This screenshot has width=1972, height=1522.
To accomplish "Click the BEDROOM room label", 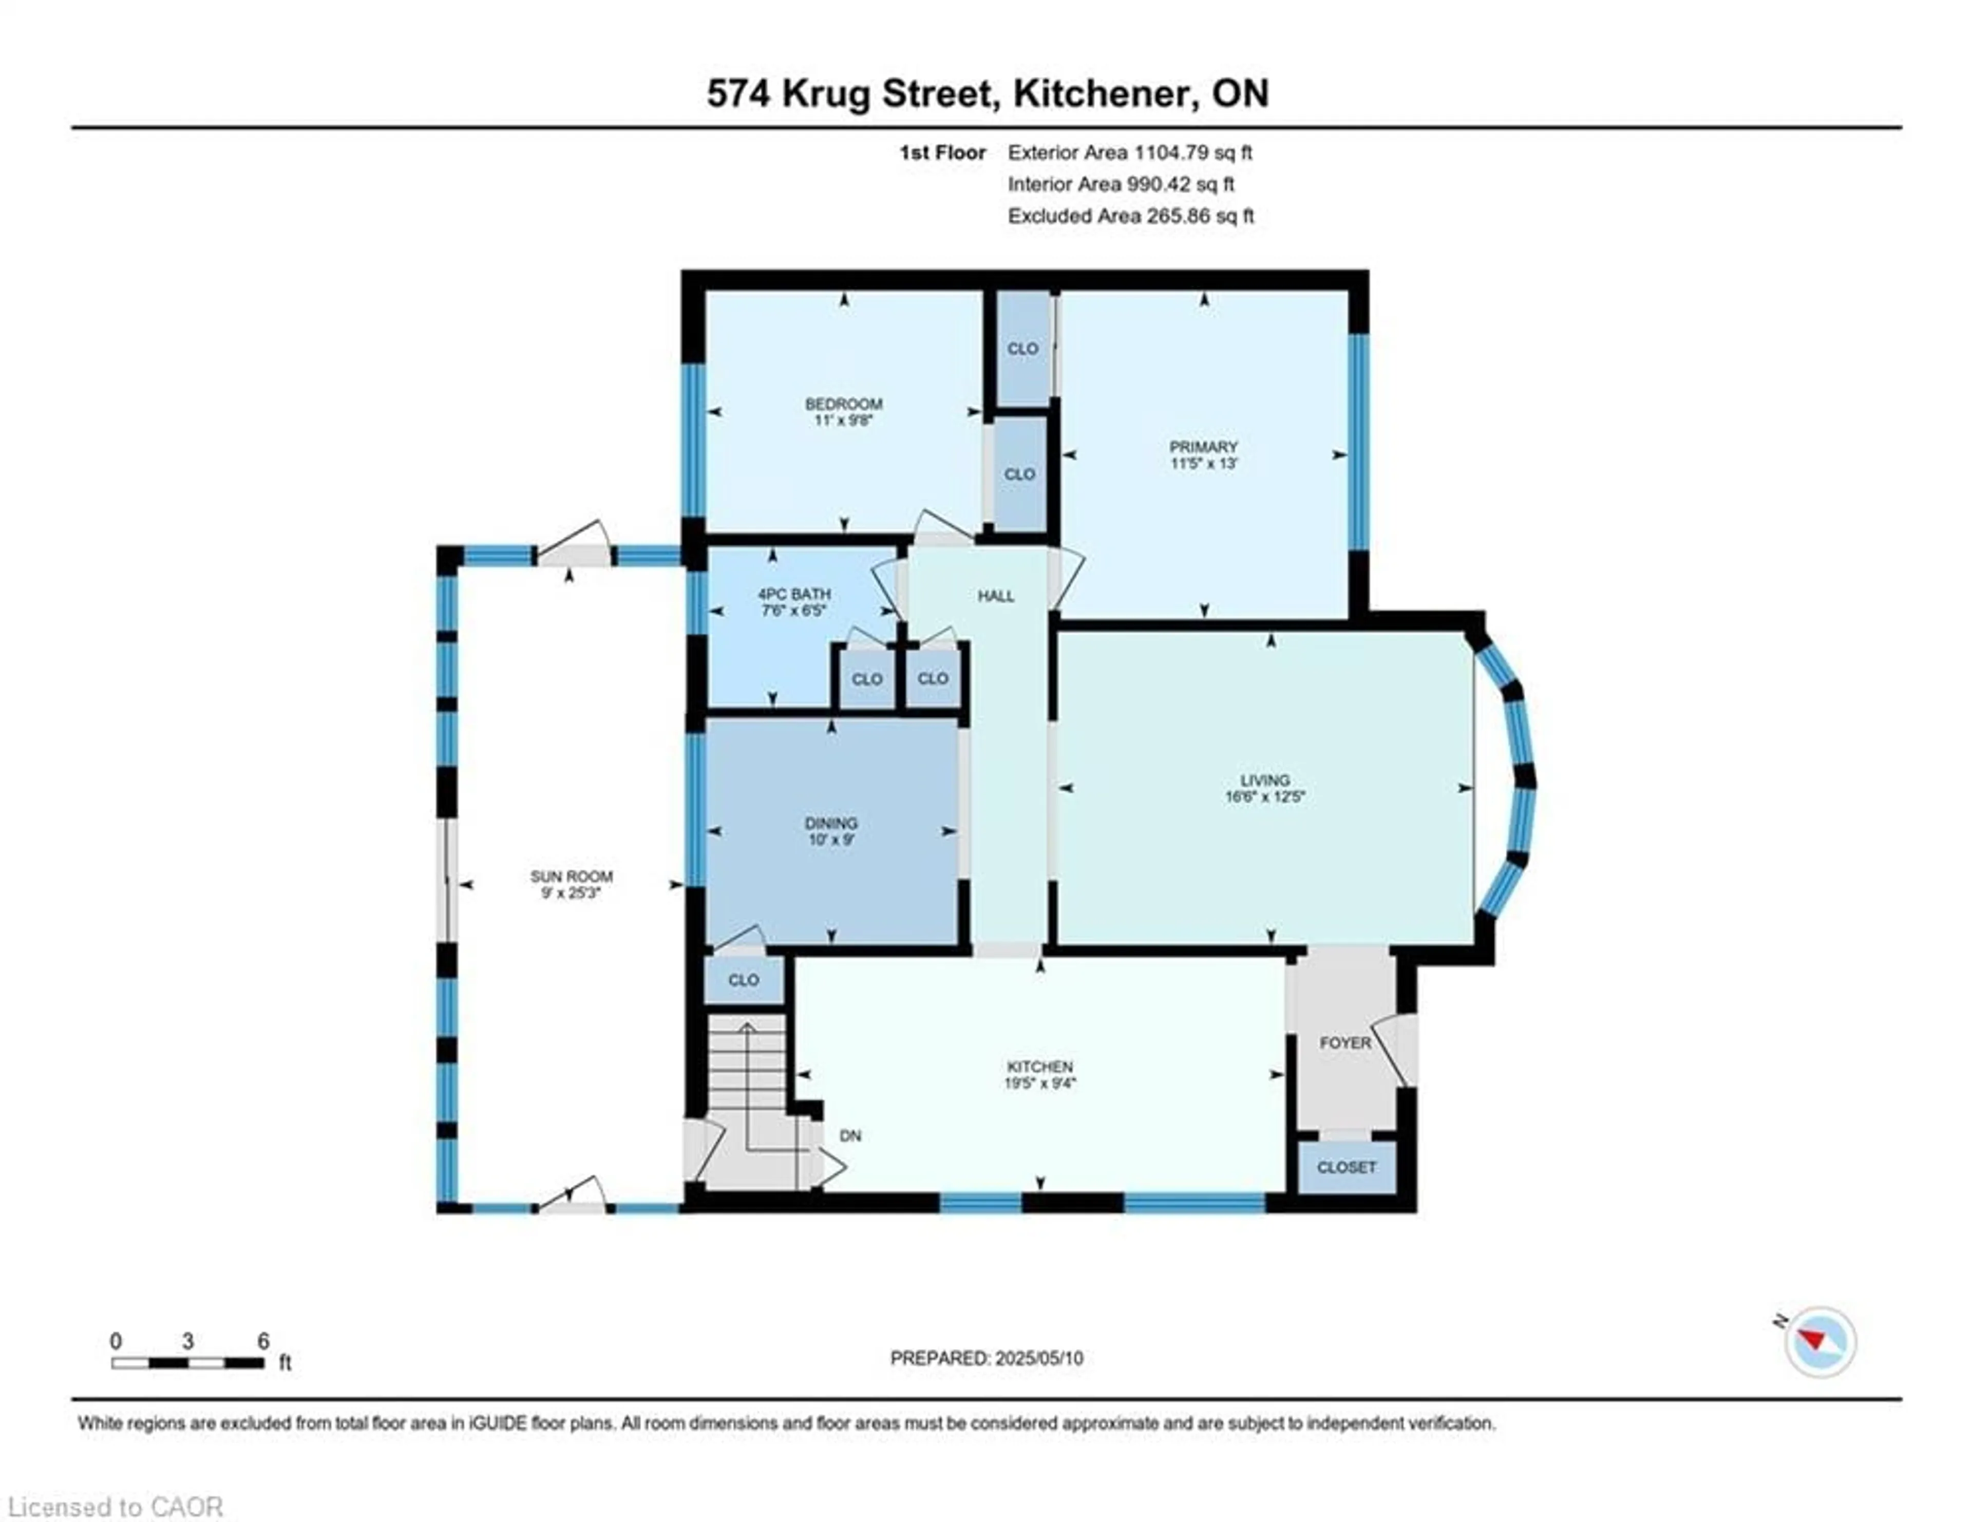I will point(843,404).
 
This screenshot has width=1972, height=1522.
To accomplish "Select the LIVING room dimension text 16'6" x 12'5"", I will point(1264,797).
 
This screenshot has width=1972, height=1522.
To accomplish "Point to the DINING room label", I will point(831,823).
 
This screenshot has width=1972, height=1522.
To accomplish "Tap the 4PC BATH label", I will point(793,594).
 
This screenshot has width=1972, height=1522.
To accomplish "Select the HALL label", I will point(995,596).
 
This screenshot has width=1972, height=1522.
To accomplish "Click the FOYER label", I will point(1344,1042).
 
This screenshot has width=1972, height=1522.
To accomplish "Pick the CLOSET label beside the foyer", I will point(1345,1167).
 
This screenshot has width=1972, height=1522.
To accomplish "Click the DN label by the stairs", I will point(850,1136).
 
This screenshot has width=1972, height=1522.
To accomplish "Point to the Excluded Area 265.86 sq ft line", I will point(1130,216).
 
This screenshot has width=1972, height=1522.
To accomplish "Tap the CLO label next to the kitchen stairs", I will point(743,979).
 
